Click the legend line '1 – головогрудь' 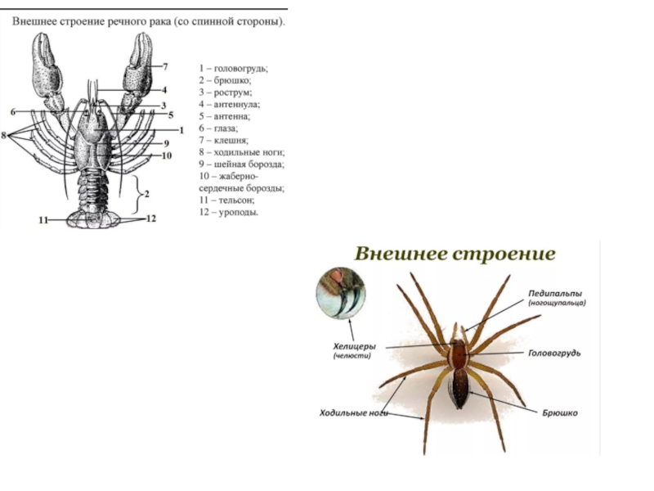233,68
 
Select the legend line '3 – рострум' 225,92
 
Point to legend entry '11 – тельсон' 228,200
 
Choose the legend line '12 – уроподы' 229,212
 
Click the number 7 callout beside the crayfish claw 165,65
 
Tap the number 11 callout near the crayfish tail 43,219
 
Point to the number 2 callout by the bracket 146,194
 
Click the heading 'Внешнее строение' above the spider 455,254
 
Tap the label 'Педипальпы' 556,292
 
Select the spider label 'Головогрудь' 554,353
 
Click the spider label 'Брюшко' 560,413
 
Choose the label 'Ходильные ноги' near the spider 352,413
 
